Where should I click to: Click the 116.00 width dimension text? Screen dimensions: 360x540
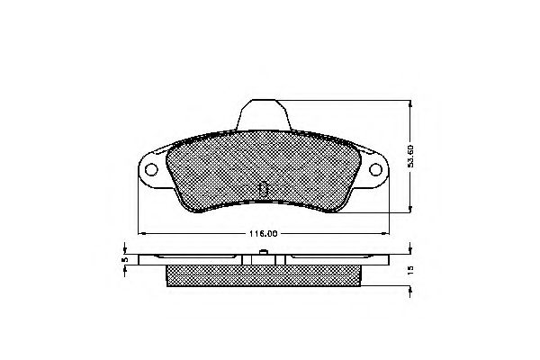(x=262, y=233)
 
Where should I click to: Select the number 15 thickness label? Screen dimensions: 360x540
(x=410, y=271)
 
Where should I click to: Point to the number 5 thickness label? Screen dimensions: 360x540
(x=126, y=260)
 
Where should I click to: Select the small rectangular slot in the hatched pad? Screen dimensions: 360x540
(x=263, y=189)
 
